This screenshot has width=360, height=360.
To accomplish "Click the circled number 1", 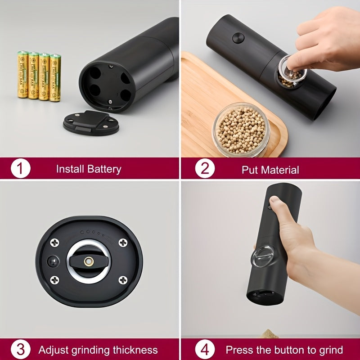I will [20, 169].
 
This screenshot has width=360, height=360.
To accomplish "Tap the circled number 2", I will [205, 169].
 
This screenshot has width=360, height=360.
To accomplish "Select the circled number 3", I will [20, 350].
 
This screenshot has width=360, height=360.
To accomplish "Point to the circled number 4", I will [205, 350].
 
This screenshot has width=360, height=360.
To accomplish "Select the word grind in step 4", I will [330, 350].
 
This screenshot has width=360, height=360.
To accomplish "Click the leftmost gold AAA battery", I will [22, 75].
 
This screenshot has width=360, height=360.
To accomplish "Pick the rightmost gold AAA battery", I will [55, 77].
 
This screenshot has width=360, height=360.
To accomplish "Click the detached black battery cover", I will [91, 121].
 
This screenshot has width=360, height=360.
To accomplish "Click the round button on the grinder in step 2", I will [238, 38].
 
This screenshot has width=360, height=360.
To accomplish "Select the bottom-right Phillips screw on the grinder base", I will [122, 280].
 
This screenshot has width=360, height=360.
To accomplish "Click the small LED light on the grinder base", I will [52, 261].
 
